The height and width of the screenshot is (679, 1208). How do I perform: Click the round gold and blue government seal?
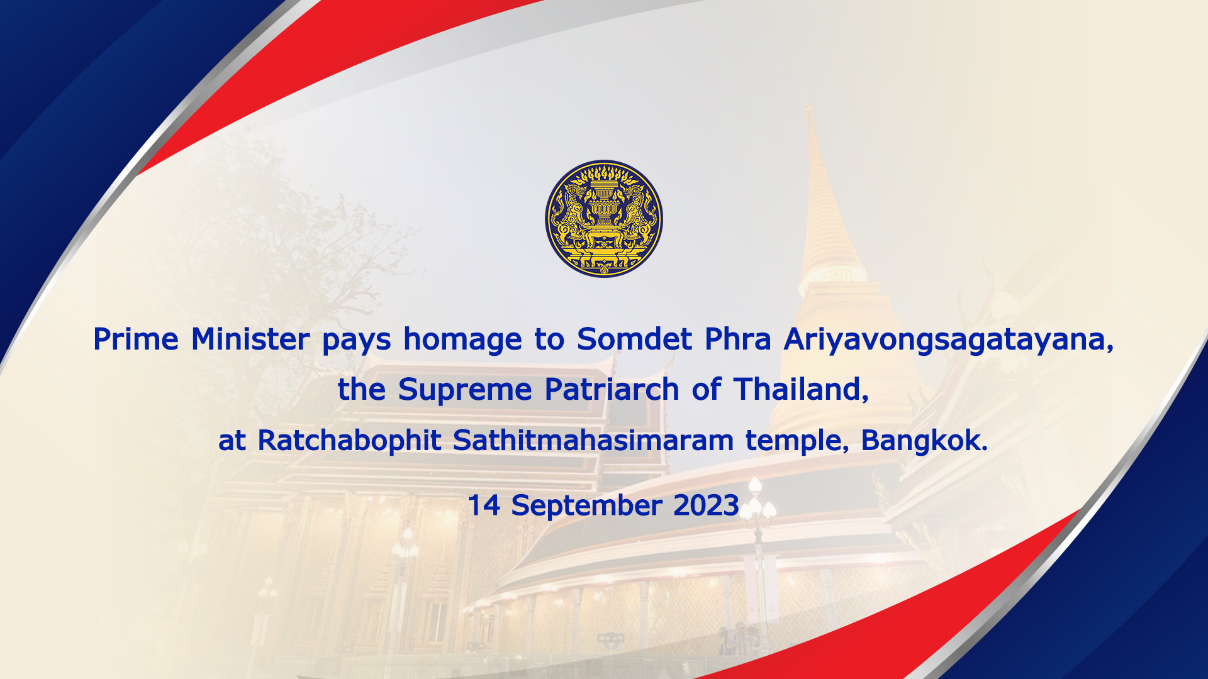click(604, 218)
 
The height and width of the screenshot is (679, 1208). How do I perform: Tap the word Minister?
click(250, 339)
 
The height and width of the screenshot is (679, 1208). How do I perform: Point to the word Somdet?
click(634, 339)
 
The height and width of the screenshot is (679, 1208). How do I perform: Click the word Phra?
click(737, 339)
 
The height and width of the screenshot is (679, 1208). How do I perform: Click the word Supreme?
click(465, 390)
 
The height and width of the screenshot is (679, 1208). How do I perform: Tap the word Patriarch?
click(612, 390)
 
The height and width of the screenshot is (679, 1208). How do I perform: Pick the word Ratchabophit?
click(349, 441)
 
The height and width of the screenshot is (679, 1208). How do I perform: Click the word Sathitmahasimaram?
click(593, 440)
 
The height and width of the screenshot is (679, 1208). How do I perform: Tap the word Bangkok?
click(924, 440)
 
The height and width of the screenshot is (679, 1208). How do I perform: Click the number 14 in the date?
click(484, 505)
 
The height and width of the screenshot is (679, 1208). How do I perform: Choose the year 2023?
click(706, 505)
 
